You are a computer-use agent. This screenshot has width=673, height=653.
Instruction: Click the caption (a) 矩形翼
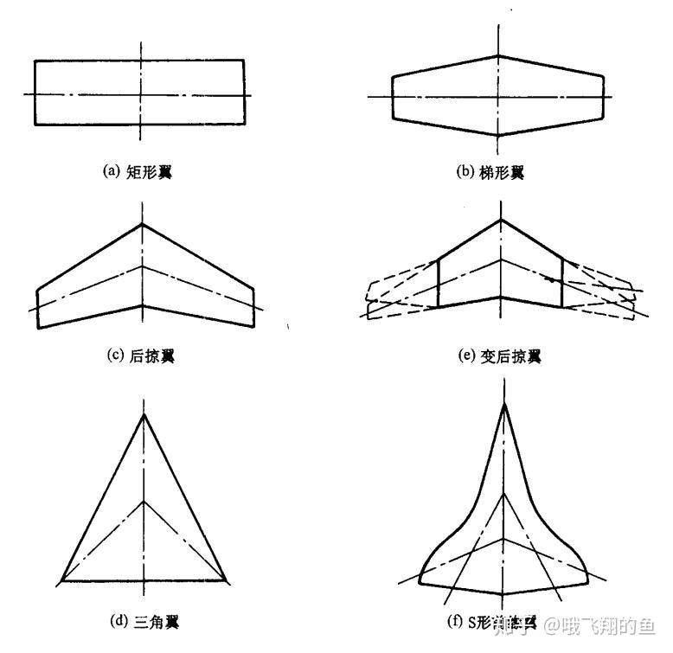tap(138, 171)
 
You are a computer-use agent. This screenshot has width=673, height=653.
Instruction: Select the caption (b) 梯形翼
tap(490, 172)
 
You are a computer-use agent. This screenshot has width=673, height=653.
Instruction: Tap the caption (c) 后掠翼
tap(139, 355)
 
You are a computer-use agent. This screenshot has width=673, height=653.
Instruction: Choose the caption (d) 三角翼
tap(144, 621)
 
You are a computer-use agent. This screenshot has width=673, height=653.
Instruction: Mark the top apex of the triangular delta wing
tap(144, 414)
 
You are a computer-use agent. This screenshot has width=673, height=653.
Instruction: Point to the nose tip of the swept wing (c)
tap(143, 224)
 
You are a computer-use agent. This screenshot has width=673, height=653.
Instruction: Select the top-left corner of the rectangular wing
tap(35, 61)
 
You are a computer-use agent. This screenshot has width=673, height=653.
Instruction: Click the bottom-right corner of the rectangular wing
tap(243, 125)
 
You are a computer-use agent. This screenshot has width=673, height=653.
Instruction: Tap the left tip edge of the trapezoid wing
tap(393, 97)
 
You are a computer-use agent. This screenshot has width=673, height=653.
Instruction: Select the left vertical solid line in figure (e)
tap(439, 281)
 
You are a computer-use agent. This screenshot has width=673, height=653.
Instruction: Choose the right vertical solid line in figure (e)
tap(562, 281)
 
